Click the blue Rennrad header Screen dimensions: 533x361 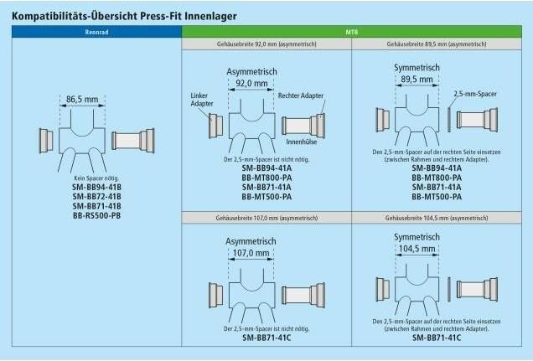(96, 32)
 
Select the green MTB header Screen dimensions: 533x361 (352, 32)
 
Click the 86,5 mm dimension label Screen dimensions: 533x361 (82, 100)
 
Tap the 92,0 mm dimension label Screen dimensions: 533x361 (251, 83)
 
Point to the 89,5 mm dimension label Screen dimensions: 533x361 (417, 80)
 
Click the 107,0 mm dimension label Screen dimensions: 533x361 (251, 253)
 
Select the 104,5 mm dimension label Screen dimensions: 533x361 (417, 249)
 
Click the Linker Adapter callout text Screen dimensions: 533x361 (202, 100)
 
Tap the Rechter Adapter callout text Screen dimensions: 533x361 (301, 95)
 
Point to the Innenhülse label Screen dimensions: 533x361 (302, 142)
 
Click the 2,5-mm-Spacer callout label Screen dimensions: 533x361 (475, 94)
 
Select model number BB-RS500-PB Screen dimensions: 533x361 (97, 215)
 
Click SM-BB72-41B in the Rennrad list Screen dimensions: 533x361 (97, 197)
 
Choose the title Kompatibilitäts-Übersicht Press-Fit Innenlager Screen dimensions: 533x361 (124, 16)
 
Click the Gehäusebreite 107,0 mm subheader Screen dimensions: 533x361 (266, 218)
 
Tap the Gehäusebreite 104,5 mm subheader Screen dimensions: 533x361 (437, 218)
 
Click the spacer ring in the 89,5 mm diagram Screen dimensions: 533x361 (449, 120)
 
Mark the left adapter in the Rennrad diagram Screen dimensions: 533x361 (46, 141)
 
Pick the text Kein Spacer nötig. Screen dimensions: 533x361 (96, 178)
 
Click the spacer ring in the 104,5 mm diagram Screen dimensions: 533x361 (449, 289)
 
